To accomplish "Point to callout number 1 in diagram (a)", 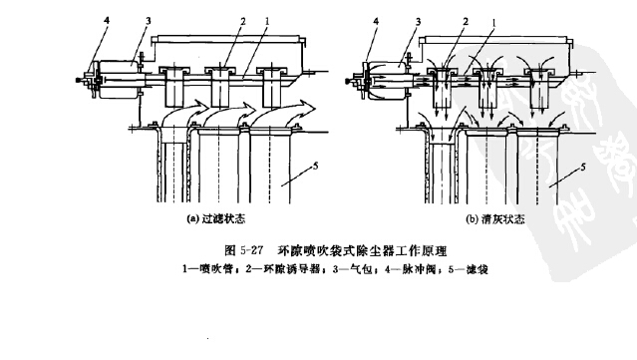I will coord(257,19).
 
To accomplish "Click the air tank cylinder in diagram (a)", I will coord(119,72).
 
